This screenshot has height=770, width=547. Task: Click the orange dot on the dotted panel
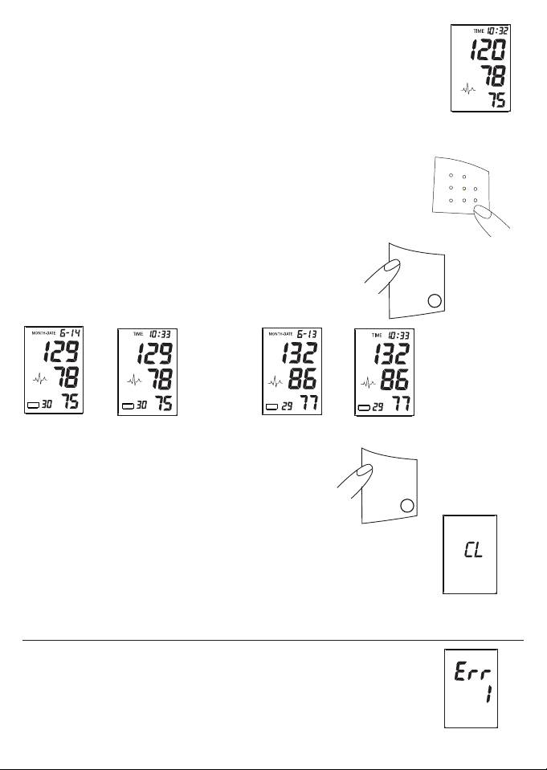point(463,188)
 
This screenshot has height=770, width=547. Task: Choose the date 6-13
point(309,332)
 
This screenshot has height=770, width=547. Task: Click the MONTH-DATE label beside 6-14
point(43,332)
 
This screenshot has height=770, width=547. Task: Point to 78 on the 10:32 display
point(492,78)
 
